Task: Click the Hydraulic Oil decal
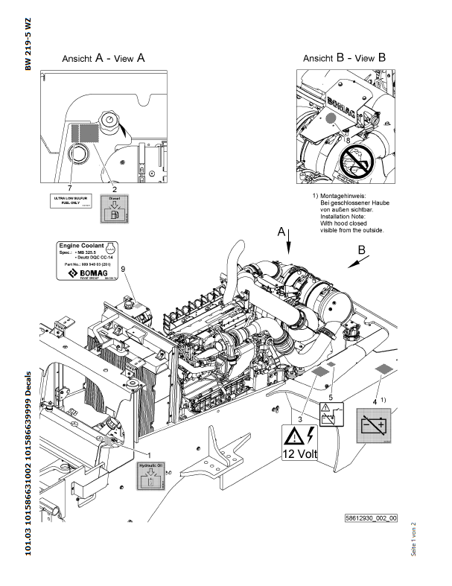(x=150, y=476)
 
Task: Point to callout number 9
(x=124, y=268)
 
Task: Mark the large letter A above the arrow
(x=281, y=232)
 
